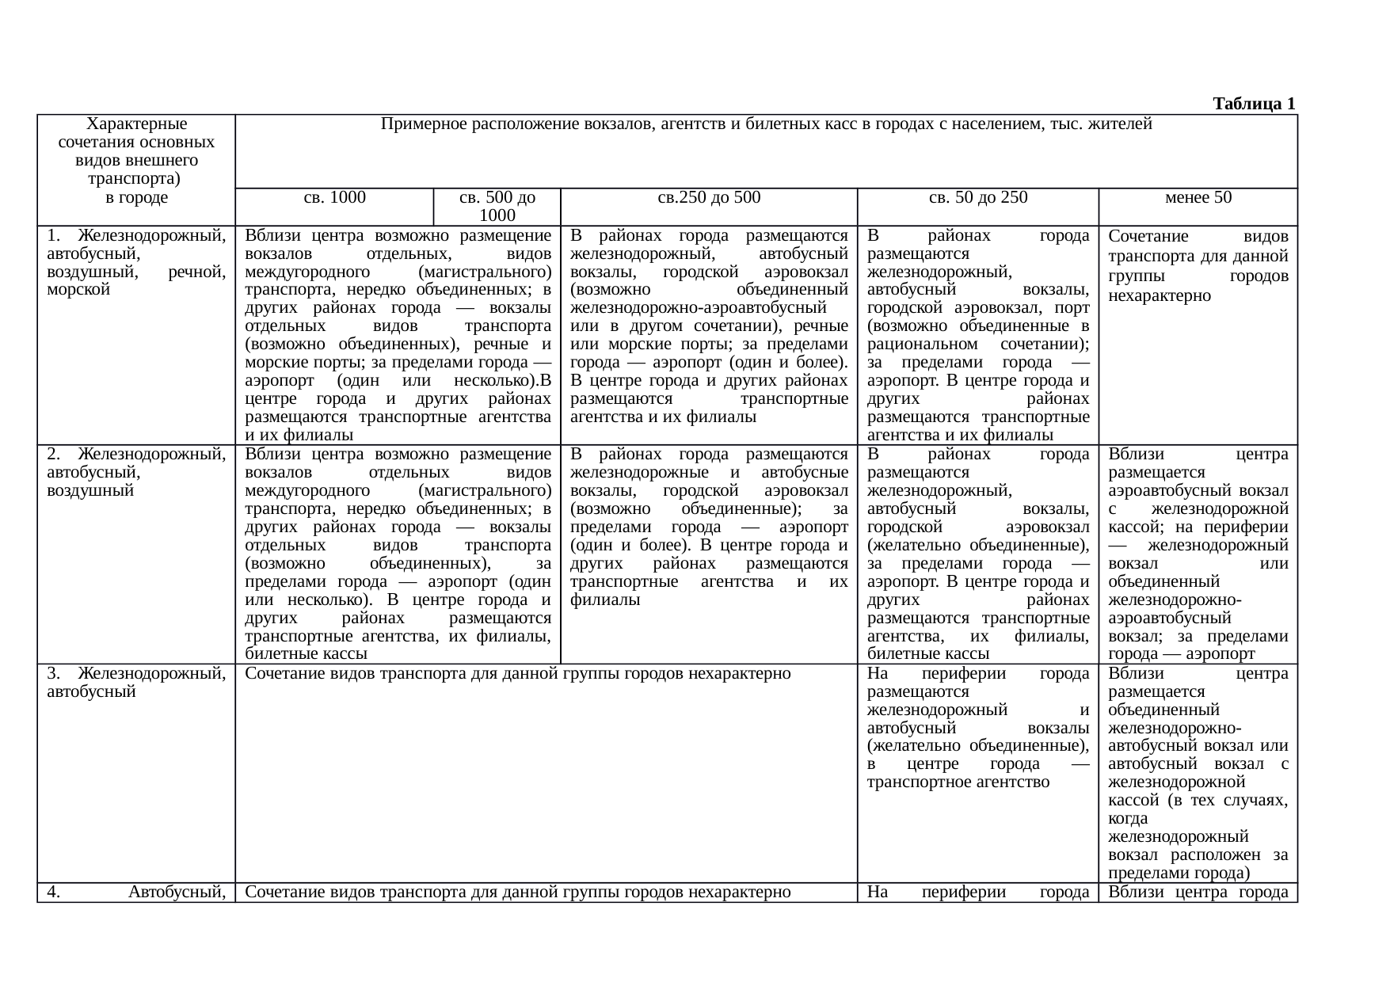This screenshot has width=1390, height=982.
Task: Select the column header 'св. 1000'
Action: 334,198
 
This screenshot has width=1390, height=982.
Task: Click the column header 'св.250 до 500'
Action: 709,198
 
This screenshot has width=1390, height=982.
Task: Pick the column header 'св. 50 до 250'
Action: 977,198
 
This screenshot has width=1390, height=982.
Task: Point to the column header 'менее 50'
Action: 1198,198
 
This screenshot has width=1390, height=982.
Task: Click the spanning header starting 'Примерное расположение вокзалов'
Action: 766,124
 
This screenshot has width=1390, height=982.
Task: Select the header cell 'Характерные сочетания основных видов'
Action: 136,161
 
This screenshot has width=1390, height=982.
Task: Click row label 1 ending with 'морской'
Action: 136,262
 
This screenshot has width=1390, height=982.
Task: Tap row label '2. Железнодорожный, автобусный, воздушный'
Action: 136,473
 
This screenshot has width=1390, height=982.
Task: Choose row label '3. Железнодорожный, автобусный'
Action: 136,683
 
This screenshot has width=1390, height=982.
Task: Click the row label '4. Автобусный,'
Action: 136,893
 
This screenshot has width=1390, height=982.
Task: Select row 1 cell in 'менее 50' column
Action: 1198,265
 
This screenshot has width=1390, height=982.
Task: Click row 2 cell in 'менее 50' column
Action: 1198,554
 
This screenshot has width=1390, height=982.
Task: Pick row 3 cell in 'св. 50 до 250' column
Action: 977,728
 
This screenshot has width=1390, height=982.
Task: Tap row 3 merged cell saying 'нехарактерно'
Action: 518,674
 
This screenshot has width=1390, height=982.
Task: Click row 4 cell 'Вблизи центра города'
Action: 1198,893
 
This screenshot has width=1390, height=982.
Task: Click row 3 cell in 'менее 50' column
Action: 1198,773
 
